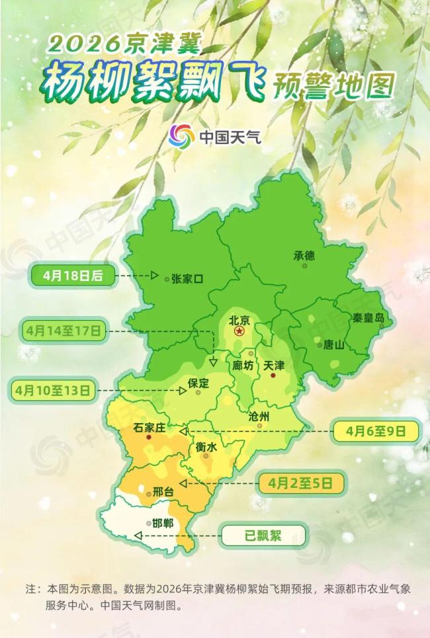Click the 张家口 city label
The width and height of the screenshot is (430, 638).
click(x=187, y=279)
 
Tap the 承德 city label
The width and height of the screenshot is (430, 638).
click(x=306, y=255)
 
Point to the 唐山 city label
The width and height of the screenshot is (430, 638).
click(x=333, y=344)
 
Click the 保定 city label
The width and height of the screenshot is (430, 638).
click(x=198, y=383)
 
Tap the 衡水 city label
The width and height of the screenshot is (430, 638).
click(x=206, y=447)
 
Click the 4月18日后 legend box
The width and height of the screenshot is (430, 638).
click(x=73, y=275)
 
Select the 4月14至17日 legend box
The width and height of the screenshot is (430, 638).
click(x=64, y=329)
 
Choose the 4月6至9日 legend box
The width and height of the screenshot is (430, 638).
click(x=376, y=431)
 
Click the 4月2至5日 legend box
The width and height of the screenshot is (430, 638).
click(x=300, y=483)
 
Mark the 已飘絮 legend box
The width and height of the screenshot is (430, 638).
click(x=263, y=535)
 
